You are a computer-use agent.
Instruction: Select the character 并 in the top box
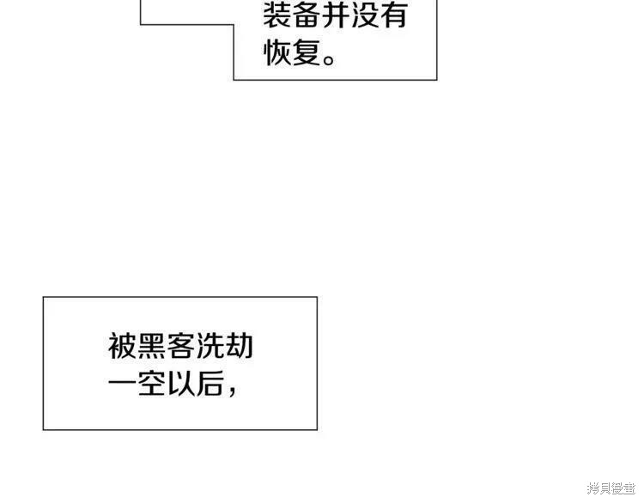[336, 15]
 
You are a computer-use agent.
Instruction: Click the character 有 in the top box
[394, 15]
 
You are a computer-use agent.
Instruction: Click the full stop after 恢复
[329, 60]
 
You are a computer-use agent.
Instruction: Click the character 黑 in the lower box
[151, 346]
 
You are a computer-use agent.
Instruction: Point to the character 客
[180, 346]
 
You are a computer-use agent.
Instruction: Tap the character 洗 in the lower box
[210, 346]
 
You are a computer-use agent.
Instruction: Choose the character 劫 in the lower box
[239, 346]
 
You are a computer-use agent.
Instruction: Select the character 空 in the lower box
[151, 383]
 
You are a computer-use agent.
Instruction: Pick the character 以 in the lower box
[180, 383]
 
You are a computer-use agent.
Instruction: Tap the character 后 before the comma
[210, 383]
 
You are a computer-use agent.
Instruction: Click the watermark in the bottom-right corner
[612, 488]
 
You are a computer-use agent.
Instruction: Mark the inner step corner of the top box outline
[234, 25]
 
